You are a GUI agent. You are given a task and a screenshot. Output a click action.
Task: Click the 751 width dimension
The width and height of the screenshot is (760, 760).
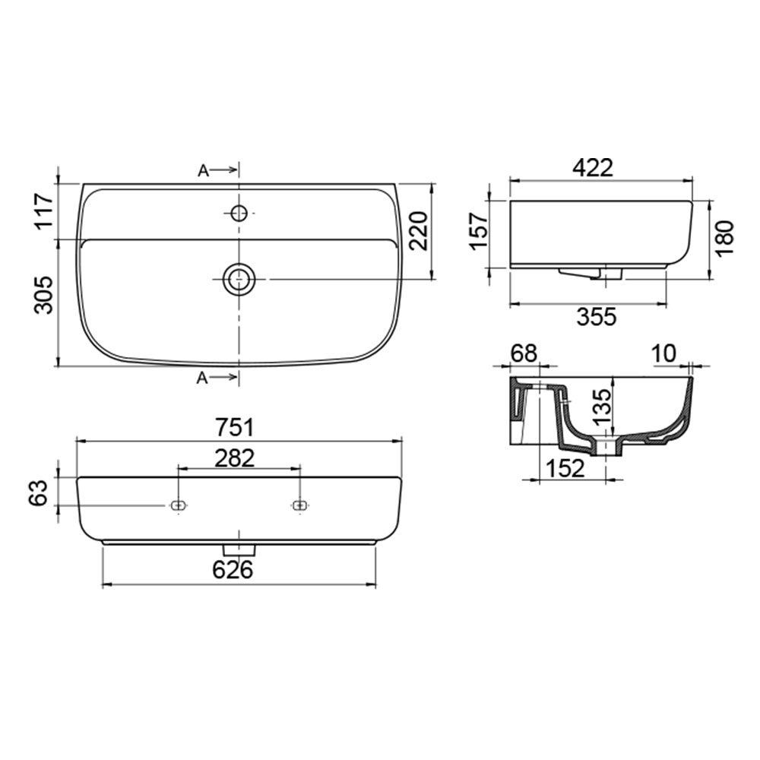coord(234,427)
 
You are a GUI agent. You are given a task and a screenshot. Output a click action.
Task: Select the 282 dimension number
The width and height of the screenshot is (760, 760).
coord(235,458)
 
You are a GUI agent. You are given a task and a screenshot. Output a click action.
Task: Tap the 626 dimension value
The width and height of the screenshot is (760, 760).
coord(233,569)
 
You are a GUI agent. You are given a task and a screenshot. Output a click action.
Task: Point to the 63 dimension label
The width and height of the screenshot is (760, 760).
coord(40,492)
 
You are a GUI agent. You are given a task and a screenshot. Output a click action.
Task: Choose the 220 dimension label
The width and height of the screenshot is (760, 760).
coord(417,231)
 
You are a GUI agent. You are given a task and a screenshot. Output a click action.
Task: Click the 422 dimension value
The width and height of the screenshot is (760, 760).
coord(593,168)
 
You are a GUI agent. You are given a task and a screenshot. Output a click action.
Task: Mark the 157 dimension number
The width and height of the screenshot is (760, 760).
coord(480,231)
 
